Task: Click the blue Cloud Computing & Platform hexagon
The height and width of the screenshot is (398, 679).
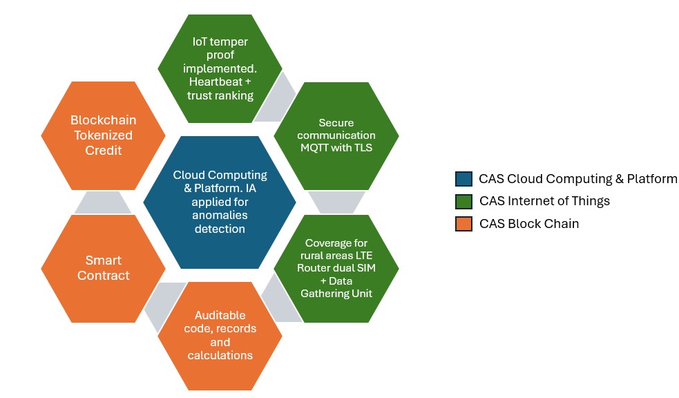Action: coord(220,202)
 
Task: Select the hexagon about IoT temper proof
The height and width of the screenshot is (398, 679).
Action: coord(220,68)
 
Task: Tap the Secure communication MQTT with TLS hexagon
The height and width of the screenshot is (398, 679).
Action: coord(336,135)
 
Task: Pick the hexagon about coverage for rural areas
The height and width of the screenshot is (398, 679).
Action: coord(336,269)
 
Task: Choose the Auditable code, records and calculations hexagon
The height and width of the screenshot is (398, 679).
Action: coord(220,336)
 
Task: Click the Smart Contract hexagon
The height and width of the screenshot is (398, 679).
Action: coord(103,269)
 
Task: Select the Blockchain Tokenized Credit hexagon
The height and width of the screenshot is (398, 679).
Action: coord(103,135)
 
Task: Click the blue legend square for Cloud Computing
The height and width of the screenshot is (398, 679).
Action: coord(463,179)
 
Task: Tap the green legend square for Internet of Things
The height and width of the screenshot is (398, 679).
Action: coord(463,201)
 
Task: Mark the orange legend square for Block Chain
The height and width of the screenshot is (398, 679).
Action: coord(463,224)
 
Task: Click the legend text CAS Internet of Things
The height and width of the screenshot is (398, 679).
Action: coord(544,201)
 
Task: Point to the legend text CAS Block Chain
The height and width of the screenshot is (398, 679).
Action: coord(529,223)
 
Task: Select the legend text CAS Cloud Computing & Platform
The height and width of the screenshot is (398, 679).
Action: coord(577,179)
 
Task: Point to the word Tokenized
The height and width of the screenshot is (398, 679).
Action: coord(103,135)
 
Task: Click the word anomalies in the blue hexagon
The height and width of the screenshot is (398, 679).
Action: coord(220,216)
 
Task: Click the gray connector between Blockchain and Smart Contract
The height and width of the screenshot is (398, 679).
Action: coord(103,202)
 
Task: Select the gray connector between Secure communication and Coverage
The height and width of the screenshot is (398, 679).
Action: coord(336,202)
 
